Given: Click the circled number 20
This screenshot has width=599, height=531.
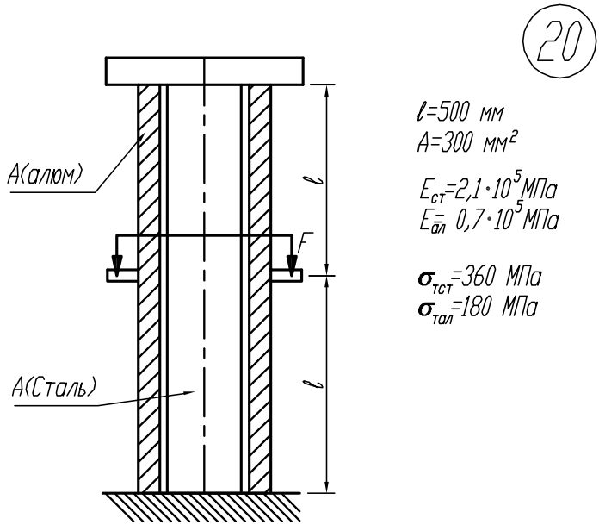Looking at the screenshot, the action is click(x=559, y=41).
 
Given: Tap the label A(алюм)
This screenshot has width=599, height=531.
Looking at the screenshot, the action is click(x=45, y=175).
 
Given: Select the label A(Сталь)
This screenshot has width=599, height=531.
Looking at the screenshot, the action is click(x=53, y=388).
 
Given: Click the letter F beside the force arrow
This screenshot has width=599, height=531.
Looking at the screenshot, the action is click(x=306, y=242).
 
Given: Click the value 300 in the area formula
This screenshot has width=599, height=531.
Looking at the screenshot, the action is click(x=456, y=143).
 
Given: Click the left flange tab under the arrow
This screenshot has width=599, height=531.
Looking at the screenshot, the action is click(x=122, y=276).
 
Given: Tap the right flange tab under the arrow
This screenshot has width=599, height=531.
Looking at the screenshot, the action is click(x=287, y=276).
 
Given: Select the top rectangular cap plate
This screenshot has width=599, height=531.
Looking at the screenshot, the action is click(x=204, y=71).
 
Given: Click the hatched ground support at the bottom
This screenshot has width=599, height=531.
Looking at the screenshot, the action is click(x=201, y=507).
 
